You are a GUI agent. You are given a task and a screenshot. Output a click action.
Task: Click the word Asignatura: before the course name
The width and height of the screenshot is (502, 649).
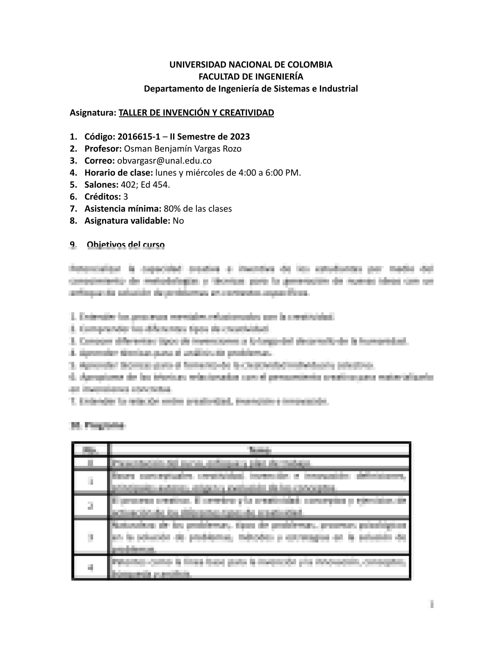93,113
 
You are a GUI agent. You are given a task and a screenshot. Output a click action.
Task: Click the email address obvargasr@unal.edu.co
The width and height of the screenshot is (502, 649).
164,161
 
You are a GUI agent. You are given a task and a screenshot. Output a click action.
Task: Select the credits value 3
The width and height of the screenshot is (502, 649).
125,197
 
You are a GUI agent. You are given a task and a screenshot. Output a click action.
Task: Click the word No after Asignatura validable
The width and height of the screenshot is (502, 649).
178,221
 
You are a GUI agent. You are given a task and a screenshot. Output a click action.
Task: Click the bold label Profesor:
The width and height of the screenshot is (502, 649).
103,148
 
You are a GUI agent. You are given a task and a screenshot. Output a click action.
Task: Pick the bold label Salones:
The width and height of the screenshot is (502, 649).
101,184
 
